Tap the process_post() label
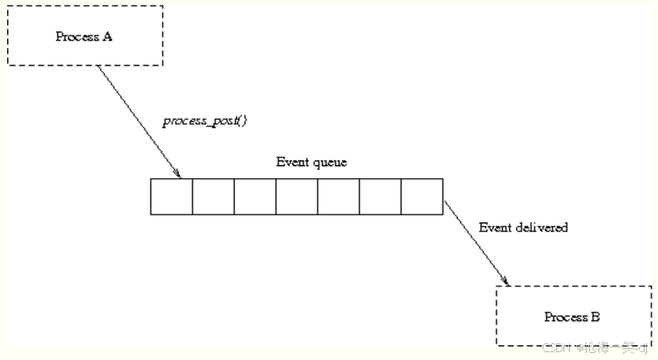[205, 122]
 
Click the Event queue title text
[312, 162]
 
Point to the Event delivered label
[523, 227]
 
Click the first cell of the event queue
[172, 196]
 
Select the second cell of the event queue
[213, 196]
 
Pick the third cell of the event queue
[255, 196]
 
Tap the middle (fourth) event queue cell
[296, 196]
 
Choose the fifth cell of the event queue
[339, 196]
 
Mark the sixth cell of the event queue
[380, 196]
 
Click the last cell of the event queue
[422, 196]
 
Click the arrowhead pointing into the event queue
[179, 174]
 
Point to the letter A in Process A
[108, 37]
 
